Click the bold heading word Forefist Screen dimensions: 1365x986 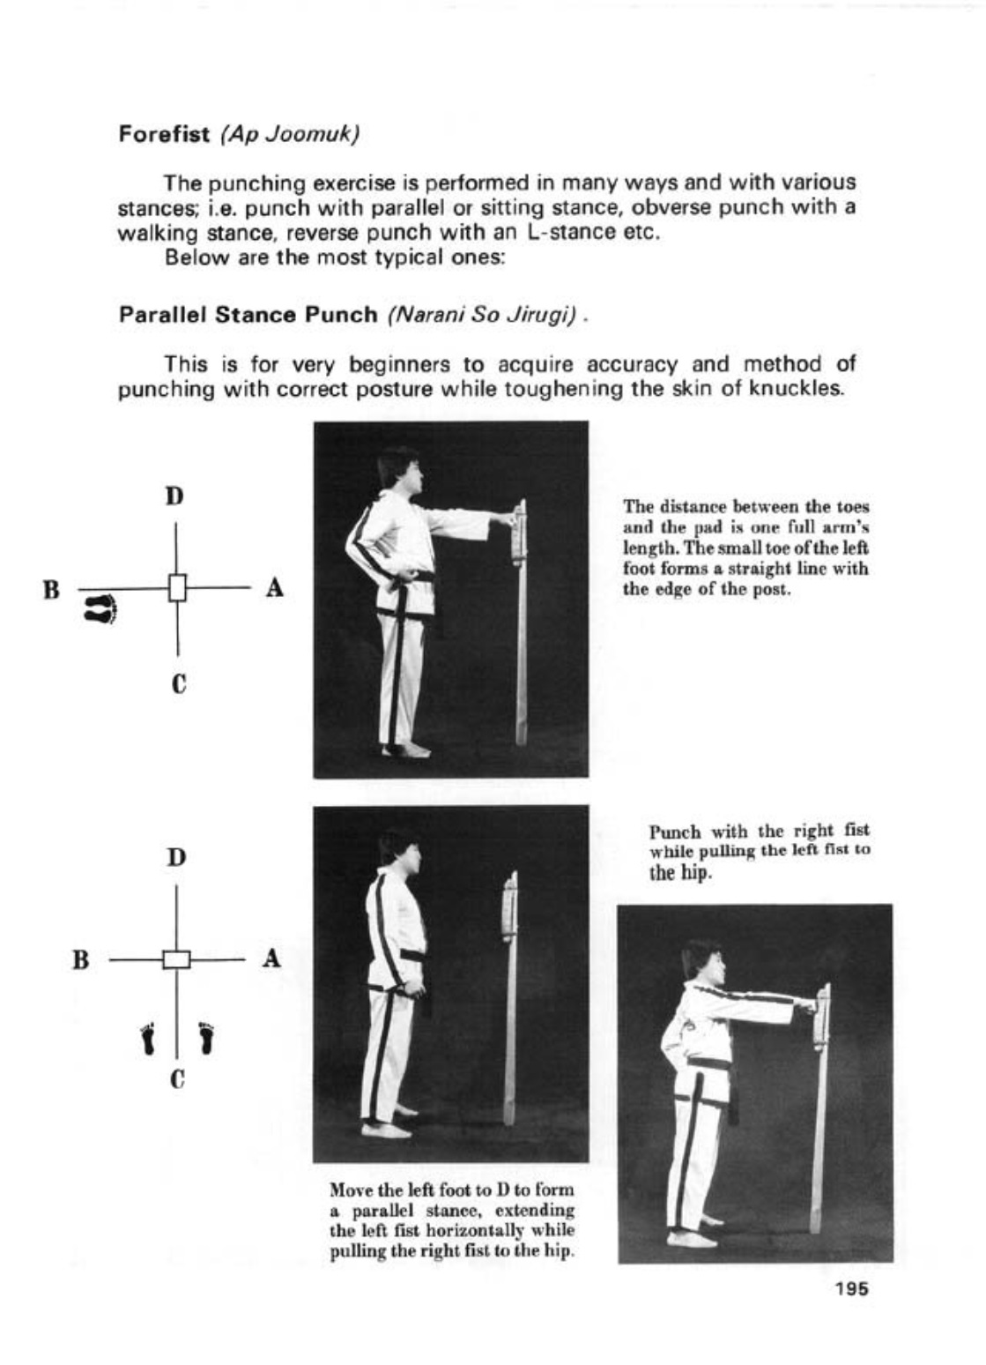(164, 135)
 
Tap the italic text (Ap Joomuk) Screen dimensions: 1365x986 (289, 135)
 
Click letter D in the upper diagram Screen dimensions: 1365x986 (175, 496)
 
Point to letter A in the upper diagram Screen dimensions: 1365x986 (274, 587)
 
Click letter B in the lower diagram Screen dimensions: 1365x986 (81, 958)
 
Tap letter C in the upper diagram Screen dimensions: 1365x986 (177, 683)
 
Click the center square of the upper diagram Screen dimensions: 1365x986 (177, 587)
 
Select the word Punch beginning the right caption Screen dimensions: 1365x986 (675, 832)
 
